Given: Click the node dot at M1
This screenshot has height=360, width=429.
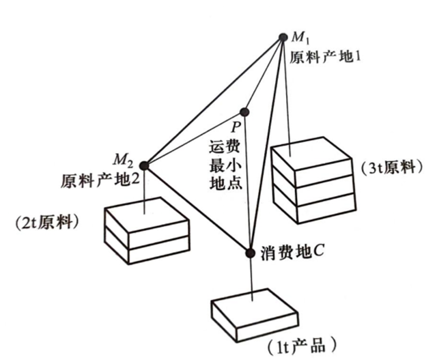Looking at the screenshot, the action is [x=283, y=38].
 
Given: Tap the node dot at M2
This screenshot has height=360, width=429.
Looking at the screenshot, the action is [x=144, y=166].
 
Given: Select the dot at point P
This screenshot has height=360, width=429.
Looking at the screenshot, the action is [x=244, y=112].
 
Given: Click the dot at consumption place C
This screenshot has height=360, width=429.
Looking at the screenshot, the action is [x=250, y=252].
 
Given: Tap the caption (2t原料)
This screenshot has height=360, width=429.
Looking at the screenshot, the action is [x=47, y=222].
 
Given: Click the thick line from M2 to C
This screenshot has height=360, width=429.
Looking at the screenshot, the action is [x=197, y=209].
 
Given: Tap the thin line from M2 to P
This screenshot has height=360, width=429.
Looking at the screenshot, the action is [x=194, y=138].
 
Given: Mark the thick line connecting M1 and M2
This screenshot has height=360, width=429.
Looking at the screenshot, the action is [x=214, y=101].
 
